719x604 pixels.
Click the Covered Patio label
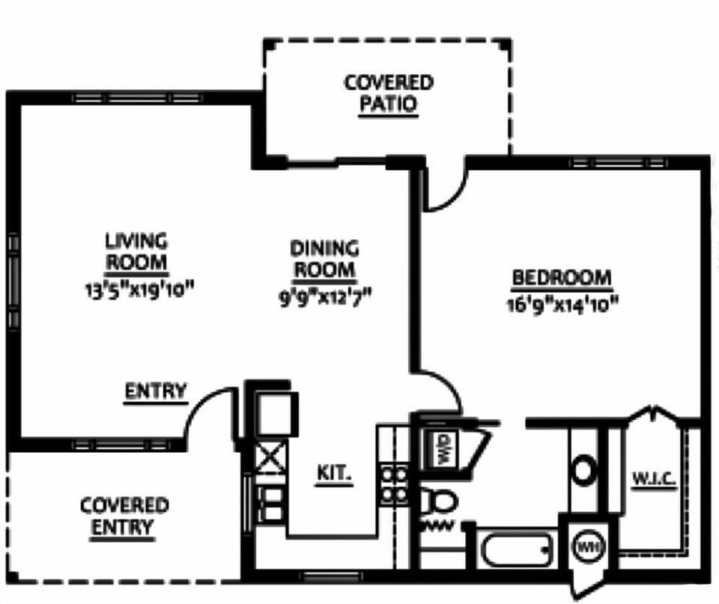click(388, 93)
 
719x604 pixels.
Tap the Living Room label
click(136, 252)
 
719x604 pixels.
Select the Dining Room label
click(324, 258)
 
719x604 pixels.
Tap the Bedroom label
click(562, 278)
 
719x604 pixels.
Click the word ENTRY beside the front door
click(155, 391)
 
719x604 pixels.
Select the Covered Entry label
click(124, 516)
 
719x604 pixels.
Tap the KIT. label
click(334, 474)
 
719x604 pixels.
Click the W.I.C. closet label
click(655, 476)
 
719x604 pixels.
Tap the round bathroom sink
click(583, 471)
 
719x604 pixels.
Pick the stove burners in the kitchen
click(394, 484)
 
